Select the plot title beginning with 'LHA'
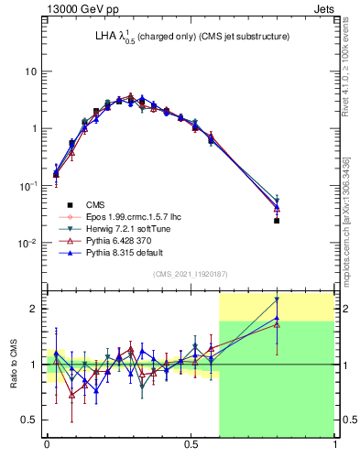click(x=179, y=37)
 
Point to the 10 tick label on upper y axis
click(x=30, y=71)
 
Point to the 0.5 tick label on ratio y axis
click(x=30, y=420)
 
